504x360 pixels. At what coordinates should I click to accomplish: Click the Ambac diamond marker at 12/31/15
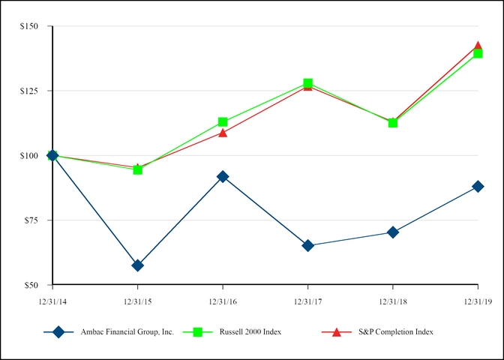point(137,265)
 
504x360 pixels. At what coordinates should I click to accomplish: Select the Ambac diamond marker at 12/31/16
point(223,176)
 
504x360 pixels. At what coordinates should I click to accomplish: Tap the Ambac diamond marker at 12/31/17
point(307,245)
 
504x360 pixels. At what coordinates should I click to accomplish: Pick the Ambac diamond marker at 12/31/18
point(393,232)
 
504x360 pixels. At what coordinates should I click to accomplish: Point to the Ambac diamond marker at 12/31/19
point(478,186)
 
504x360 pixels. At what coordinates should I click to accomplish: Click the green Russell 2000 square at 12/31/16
point(223,121)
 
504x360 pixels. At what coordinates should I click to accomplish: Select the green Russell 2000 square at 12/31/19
point(478,53)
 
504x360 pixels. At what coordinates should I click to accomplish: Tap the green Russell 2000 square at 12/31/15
point(137,169)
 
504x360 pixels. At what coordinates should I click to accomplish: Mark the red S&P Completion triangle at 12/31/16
point(223,133)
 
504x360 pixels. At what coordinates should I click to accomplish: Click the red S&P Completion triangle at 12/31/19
point(478,46)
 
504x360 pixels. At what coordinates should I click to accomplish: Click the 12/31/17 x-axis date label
point(307,300)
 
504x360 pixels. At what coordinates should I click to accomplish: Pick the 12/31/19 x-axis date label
point(478,300)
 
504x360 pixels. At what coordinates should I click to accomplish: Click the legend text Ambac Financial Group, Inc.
point(127,331)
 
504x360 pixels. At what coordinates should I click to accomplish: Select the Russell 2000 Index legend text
point(249,331)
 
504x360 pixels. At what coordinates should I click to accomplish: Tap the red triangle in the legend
point(336,331)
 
